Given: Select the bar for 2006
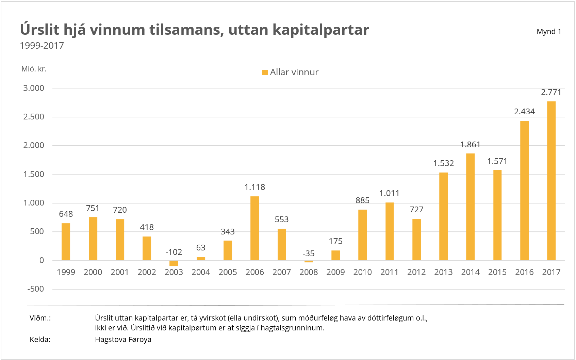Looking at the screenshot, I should point(254,228).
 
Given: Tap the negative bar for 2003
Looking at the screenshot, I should point(174,263).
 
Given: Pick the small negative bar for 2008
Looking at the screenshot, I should point(309,261).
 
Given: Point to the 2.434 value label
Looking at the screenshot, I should point(524,112).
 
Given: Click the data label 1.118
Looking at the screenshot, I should point(254,187).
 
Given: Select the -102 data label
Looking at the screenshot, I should point(174,252).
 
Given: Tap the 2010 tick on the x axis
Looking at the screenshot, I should point(362,272).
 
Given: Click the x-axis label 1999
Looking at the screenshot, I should point(66,272).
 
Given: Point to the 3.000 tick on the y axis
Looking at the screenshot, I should point(34,88).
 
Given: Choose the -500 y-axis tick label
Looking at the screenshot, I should point(36,289).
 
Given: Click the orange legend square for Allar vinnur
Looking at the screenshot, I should point(265,72).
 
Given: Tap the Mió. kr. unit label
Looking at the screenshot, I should point(34,69).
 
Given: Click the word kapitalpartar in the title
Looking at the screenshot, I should point(320,30).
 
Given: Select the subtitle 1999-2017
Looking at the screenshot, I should point(42,46).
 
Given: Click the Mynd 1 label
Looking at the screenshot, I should point(548,32).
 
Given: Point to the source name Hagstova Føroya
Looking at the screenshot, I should point(123,340).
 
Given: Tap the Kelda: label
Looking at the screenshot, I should point(40,340).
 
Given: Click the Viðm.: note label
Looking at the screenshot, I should point(40,318).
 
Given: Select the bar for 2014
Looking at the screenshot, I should point(470,207).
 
